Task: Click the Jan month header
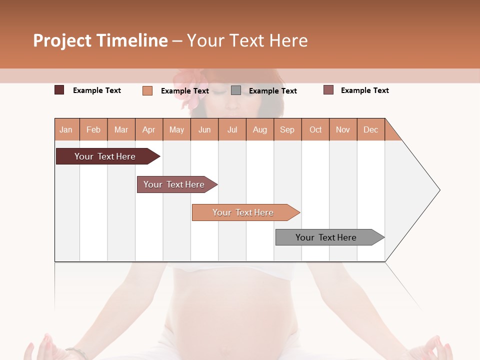(x=66, y=129)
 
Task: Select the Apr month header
(x=149, y=129)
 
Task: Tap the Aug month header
(x=259, y=129)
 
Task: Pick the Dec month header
(x=370, y=129)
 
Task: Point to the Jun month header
(x=204, y=129)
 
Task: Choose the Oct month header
(x=315, y=129)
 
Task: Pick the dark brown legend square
(x=59, y=90)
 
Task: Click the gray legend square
(x=236, y=90)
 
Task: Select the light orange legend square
(x=147, y=90)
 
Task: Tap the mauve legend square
(x=328, y=90)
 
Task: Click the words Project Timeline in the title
(x=100, y=40)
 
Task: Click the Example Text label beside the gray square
(x=272, y=91)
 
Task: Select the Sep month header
(x=287, y=129)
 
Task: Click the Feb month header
(x=93, y=129)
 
